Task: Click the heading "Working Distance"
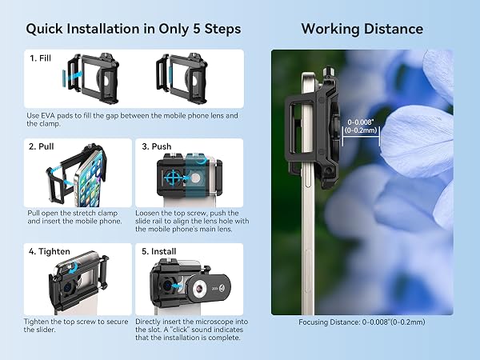point(362,29)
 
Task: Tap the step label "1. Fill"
point(41,58)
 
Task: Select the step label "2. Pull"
point(42,146)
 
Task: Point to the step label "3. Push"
point(157,146)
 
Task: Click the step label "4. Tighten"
point(50,251)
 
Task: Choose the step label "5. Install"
point(159,251)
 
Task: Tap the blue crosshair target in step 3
point(173,178)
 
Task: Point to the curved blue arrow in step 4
point(73,269)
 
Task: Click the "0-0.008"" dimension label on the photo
point(362,122)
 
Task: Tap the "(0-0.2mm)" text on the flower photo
point(361,130)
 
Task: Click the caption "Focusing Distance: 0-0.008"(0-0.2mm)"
point(362,322)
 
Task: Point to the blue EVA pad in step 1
point(64,79)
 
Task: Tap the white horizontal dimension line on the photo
point(362,137)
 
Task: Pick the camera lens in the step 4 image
point(67,287)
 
